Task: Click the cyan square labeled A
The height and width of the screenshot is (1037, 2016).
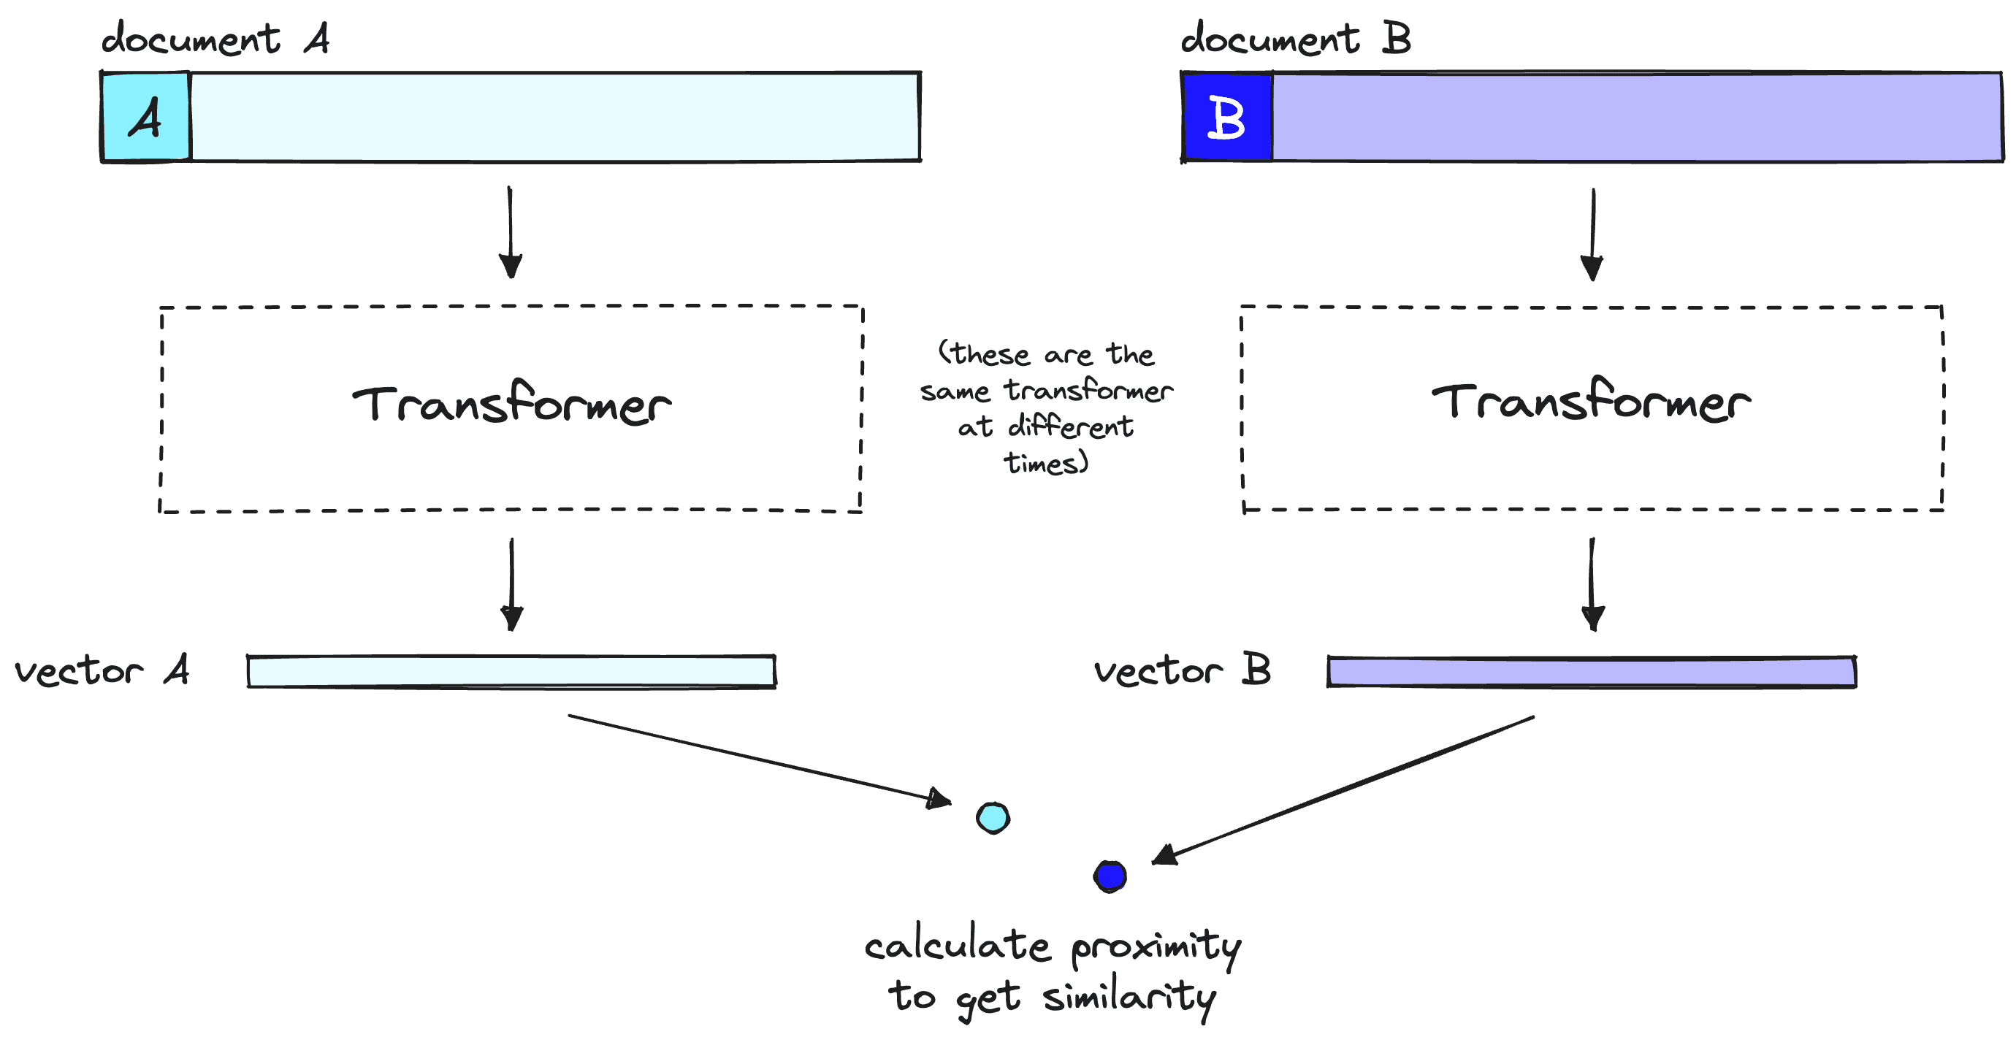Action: (x=145, y=118)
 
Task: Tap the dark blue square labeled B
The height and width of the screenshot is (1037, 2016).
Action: (x=1226, y=118)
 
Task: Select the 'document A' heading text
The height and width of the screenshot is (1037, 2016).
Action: (x=215, y=39)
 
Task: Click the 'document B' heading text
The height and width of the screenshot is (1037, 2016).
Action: (x=1295, y=39)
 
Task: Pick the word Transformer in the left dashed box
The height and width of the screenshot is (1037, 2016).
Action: (x=511, y=405)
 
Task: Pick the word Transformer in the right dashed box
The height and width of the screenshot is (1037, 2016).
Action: (x=1591, y=402)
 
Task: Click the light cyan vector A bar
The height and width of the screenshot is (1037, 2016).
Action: (x=511, y=672)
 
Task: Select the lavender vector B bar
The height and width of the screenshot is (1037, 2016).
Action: (x=1591, y=673)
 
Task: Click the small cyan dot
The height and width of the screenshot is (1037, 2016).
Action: (x=993, y=818)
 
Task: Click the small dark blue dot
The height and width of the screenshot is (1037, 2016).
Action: (x=1110, y=876)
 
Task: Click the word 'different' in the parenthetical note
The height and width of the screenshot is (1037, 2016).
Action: (x=1070, y=427)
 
